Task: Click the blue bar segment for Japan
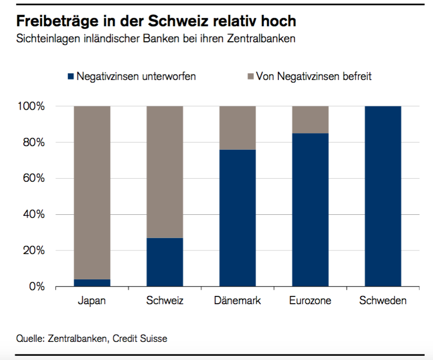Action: coord(92,283)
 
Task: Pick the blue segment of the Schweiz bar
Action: coord(165,262)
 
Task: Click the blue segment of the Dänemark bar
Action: coord(238,217)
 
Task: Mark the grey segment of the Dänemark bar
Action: coord(238,128)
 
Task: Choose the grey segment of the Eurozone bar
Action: coord(310,119)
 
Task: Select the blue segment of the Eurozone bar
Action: coord(310,209)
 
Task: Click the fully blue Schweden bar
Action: coord(383,196)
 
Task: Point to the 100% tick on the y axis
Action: coord(35,106)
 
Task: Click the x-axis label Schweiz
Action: coord(165,301)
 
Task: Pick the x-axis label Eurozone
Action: coord(310,301)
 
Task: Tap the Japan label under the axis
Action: coord(92,301)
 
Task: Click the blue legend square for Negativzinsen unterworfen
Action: coord(71,76)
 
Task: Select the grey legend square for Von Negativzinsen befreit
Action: coord(250,76)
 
